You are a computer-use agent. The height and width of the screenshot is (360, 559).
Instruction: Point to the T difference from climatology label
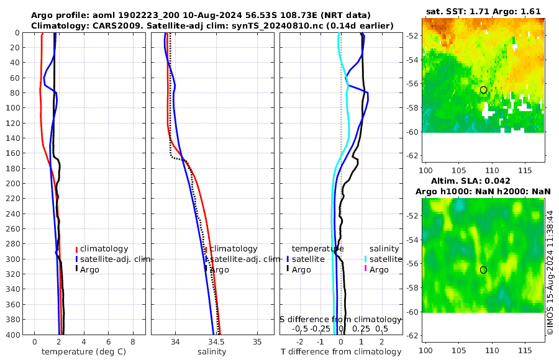340,352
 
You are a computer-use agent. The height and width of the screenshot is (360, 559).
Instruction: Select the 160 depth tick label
12,153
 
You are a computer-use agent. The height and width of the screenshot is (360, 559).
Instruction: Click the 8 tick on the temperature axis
133,342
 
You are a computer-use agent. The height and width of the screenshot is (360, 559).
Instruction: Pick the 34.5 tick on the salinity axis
216,342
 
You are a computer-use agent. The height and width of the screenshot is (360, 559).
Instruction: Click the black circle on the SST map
483,90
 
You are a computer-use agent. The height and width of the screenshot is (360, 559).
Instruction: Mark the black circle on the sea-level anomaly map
483,270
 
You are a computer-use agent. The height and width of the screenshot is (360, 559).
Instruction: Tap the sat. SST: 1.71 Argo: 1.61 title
483,12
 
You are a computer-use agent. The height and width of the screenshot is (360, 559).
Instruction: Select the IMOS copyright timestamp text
550,272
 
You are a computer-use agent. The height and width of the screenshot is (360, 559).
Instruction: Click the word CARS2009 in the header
99,25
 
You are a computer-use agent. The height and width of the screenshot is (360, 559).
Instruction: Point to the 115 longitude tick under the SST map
526,169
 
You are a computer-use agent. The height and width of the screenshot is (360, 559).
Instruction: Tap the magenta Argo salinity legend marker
366,269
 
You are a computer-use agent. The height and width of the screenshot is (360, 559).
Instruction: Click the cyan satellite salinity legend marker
366,259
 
